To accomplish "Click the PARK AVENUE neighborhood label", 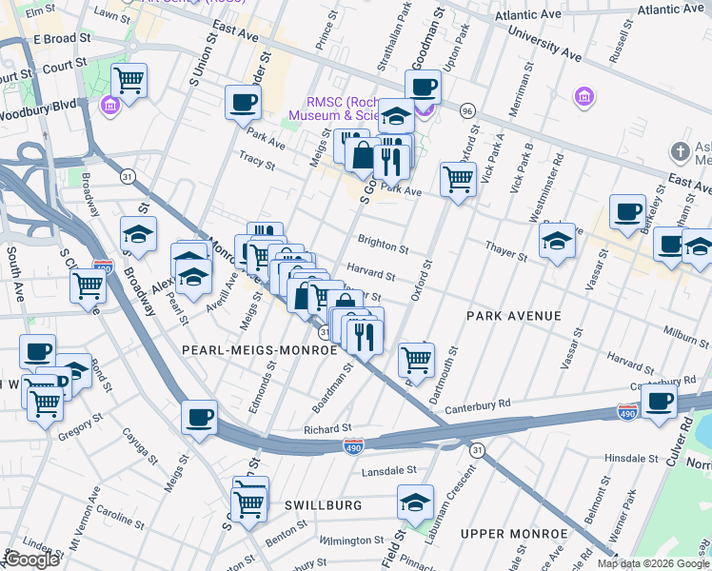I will pyautogui.click(x=513, y=315).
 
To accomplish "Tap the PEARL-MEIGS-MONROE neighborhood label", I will pyautogui.click(x=260, y=350).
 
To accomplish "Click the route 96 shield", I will pyautogui.click(x=467, y=110).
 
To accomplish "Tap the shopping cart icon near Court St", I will pyautogui.click(x=129, y=81).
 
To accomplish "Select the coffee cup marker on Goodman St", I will pyautogui.click(x=424, y=87).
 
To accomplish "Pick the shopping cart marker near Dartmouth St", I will pyautogui.click(x=416, y=360).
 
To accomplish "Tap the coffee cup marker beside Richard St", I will pyautogui.click(x=200, y=417).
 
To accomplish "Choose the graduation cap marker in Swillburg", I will pyautogui.click(x=415, y=502).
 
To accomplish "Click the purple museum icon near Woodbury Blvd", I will pyautogui.click(x=110, y=103).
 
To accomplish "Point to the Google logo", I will pyautogui.click(x=31, y=560).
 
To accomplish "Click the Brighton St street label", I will pyautogui.click(x=383, y=245).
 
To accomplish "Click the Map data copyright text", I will pyautogui.click(x=653, y=563).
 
